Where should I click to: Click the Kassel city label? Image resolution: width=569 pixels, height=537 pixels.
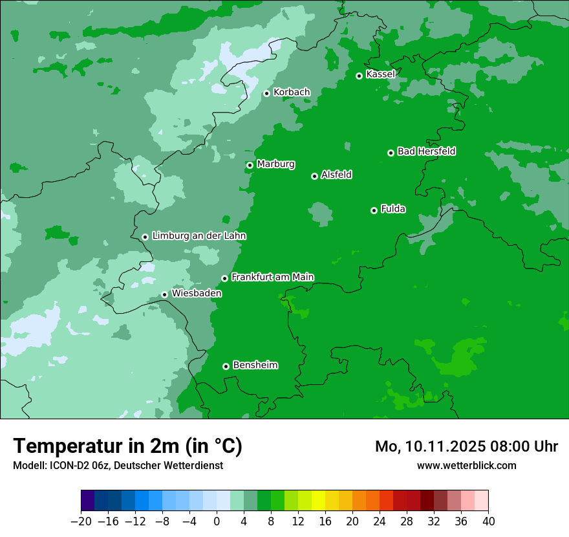coord(380,74)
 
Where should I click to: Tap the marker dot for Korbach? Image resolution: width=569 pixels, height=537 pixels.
coord(266,93)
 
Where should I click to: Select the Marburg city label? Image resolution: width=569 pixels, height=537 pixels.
coord(275,164)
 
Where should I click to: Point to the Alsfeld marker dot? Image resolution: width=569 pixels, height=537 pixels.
coord(314,176)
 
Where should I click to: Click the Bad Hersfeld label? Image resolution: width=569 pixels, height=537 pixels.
coord(426,151)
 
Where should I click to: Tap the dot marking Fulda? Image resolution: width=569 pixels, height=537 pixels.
coord(374,210)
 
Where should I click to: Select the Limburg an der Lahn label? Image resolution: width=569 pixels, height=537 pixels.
coord(199,236)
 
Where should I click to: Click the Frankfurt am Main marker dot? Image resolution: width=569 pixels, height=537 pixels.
coord(224,278)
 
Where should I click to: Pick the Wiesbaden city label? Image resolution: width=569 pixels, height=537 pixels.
coord(196,294)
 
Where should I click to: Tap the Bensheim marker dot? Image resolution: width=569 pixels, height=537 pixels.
coord(226,366)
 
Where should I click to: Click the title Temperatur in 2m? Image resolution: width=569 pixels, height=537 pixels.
coord(127,446)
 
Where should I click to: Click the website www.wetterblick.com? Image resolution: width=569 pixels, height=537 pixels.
coord(466,465)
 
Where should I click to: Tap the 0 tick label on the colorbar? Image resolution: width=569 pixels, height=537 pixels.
coord(217,521)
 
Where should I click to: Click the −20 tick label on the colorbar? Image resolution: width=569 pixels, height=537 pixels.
coord(81,521)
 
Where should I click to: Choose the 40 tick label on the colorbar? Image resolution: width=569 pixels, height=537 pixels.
coord(488,521)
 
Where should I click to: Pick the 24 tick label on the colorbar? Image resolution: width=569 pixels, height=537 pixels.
coord(380,521)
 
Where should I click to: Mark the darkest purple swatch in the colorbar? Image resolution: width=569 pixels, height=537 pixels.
coord(88,501)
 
